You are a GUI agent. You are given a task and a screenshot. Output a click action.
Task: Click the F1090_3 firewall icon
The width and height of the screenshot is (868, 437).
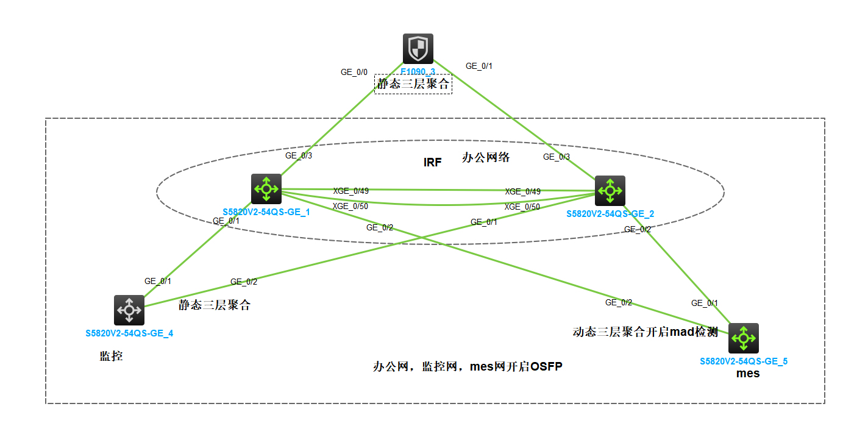[x=418, y=48]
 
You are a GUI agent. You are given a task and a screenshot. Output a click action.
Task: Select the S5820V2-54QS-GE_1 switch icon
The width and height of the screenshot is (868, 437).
[x=266, y=189]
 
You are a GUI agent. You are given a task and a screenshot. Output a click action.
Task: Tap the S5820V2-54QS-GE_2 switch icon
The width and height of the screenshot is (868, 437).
[x=610, y=191]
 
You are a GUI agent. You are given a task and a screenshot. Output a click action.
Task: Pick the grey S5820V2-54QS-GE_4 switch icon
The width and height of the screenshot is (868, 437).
[x=129, y=310]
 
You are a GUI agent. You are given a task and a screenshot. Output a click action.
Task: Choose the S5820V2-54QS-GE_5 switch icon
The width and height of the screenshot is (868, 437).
[x=744, y=338]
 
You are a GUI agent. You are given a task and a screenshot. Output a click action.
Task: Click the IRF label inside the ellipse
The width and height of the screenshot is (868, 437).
[x=432, y=163]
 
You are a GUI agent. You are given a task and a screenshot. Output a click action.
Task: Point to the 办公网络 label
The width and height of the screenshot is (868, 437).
[x=486, y=158]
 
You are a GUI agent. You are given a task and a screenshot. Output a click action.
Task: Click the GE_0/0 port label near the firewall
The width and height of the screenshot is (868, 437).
[x=354, y=73]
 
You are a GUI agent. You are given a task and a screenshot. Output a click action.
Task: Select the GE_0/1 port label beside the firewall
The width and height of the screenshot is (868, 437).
[x=478, y=66]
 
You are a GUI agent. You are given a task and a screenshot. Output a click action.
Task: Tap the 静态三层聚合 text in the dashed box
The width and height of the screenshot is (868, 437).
[x=413, y=84]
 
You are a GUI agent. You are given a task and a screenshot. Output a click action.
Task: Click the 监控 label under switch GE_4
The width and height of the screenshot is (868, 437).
[x=111, y=356]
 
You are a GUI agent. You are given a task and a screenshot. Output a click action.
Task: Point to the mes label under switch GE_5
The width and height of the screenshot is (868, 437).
[x=748, y=374]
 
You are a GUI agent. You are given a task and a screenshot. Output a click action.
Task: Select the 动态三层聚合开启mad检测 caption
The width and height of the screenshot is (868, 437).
[x=646, y=332]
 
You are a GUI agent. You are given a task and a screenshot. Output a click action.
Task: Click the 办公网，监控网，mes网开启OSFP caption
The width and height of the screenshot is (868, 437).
[x=467, y=367]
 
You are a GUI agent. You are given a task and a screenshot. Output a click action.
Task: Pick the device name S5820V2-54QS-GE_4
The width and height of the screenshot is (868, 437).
[x=129, y=333]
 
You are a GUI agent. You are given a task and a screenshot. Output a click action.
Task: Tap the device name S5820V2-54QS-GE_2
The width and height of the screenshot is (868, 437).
[x=610, y=214]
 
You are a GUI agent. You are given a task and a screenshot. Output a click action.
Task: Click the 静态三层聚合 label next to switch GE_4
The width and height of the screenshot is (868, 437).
[x=215, y=305]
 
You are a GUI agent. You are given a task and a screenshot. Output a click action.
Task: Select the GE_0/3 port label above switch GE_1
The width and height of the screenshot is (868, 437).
[x=299, y=155]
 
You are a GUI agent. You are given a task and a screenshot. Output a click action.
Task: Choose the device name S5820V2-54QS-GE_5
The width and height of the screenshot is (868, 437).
[x=744, y=361]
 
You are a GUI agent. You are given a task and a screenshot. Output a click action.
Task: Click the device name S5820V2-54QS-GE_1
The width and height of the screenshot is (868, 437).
[x=266, y=212]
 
